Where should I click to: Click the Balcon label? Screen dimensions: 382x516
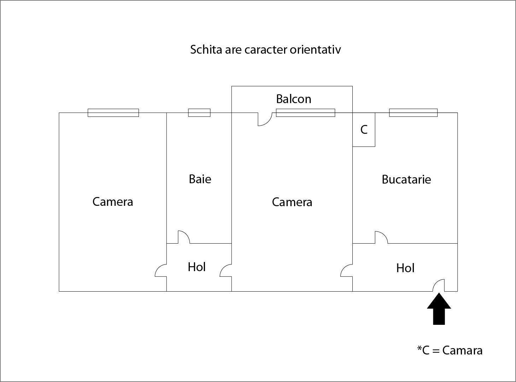click(293, 99)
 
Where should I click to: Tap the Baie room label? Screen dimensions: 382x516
click(200, 179)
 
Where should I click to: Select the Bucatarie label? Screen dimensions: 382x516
click(406, 179)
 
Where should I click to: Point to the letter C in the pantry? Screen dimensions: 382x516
click(364, 130)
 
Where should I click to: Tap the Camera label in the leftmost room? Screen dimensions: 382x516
click(113, 202)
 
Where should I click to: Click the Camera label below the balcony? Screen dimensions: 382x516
click(292, 202)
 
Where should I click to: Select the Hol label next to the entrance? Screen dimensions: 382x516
click(405, 268)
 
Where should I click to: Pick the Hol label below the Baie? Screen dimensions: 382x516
click(197, 267)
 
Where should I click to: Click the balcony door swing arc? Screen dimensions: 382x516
click(265, 119)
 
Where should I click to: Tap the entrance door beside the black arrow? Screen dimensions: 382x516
click(439, 285)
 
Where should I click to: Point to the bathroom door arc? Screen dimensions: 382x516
click(184, 237)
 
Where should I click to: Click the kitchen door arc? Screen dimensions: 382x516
click(381, 237)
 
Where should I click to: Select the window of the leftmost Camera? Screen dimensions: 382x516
click(113, 113)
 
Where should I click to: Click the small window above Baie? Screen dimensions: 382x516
click(199, 113)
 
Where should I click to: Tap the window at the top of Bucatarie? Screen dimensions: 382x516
click(413, 113)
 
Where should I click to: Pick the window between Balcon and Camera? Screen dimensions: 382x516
click(305, 113)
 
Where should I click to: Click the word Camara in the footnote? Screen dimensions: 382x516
click(462, 350)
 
